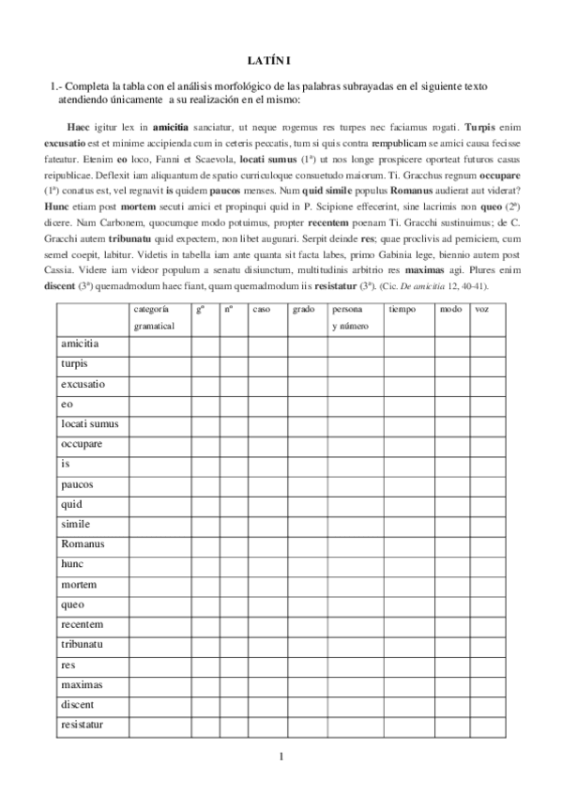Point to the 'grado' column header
pos(303,309)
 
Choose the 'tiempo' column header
pos(402,309)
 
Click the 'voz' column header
pos(483,309)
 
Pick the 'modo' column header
pos(450,309)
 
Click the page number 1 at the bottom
pos(281,757)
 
